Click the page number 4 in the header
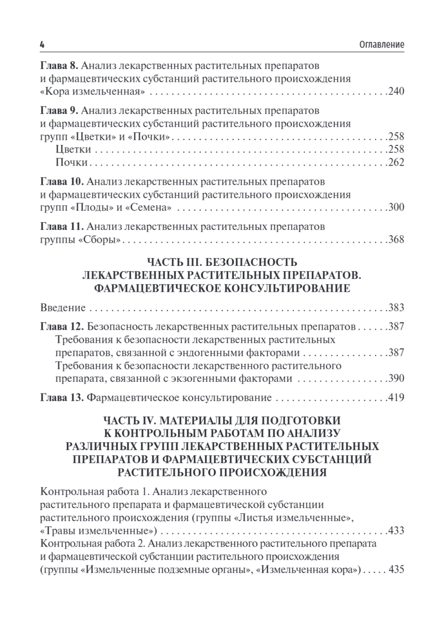(42, 45)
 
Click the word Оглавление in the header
(382, 45)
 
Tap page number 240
(395, 92)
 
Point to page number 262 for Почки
(395, 162)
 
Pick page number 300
(395, 207)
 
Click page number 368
(395, 240)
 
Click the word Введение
(63, 308)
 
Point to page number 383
(395, 308)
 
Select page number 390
(395, 378)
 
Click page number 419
(395, 398)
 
